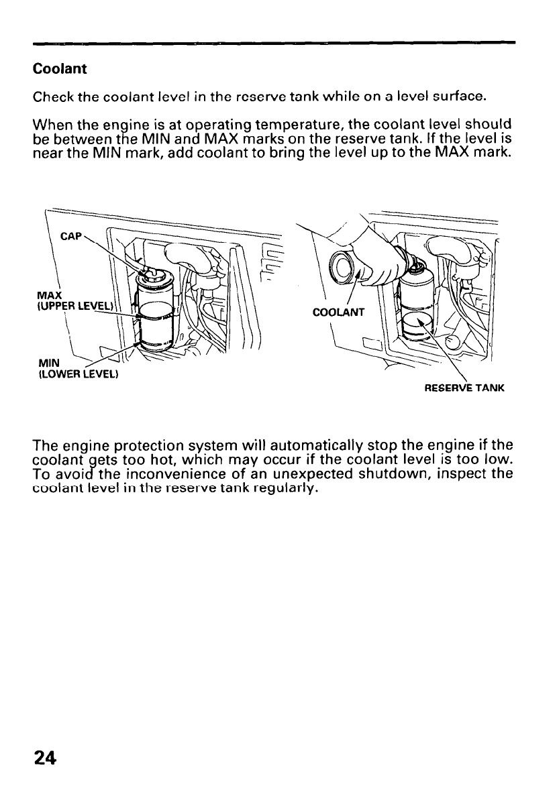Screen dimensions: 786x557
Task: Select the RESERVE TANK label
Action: point(466,387)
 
